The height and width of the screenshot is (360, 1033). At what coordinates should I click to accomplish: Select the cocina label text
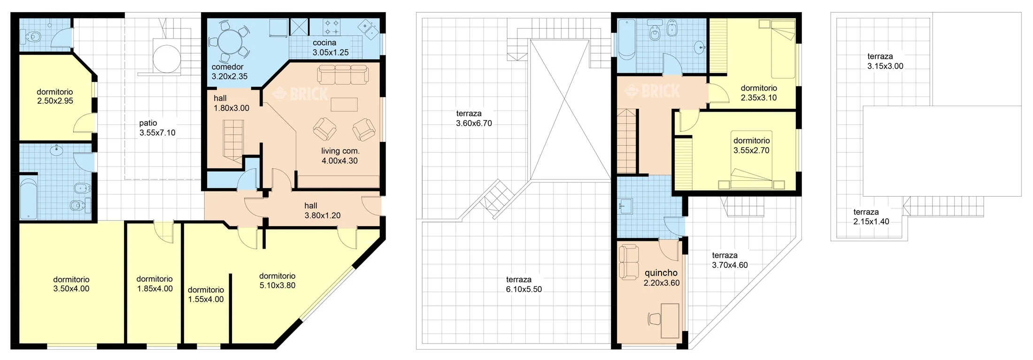[324, 43]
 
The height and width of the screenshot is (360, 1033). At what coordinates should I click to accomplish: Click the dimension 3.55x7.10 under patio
[157, 133]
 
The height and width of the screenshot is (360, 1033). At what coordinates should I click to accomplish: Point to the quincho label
[661, 273]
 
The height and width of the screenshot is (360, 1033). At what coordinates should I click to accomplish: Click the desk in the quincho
[670, 321]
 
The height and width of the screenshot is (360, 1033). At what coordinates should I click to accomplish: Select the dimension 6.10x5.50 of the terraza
[524, 290]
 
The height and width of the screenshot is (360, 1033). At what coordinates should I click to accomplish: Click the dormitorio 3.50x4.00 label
[71, 284]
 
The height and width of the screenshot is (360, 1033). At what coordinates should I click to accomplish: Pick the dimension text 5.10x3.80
[277, 285]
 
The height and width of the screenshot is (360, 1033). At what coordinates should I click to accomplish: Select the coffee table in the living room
[344, 104]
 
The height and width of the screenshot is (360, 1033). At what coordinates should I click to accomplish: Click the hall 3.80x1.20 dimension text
[323, 216]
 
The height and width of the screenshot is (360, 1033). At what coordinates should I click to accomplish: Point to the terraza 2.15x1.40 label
[871, 217]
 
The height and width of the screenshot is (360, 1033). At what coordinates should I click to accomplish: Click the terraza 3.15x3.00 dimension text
[885, 66]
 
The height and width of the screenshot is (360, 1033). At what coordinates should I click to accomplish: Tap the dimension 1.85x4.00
[155, 289]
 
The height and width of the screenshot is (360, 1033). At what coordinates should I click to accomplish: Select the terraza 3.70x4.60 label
[730, 260]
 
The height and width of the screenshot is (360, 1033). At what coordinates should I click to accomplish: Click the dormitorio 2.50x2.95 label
[55, 96]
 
